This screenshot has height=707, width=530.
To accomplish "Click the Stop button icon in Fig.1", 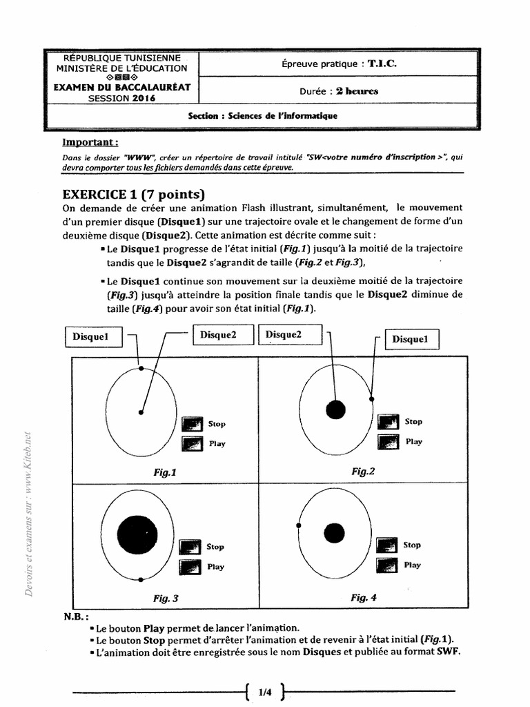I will click(x=192, y=424).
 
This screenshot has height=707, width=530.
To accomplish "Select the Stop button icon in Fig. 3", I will click(x=189, y=547).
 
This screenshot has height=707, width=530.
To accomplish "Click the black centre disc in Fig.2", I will click(x=335, y=409).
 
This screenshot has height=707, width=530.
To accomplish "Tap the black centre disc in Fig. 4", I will click(x=334, y=532).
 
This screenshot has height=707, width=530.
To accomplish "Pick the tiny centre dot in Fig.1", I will click(x=141, y=412).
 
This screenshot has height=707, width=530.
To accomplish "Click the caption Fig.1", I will click(x=166, y=473).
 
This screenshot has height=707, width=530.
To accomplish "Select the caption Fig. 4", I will click(x=363, y=597).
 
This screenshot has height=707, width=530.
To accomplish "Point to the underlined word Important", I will click(x=90, y=143).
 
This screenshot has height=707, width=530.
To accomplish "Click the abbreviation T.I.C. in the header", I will click(x=382, y=64).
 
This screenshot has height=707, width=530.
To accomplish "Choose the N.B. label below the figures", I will click(x=77, y=617).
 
